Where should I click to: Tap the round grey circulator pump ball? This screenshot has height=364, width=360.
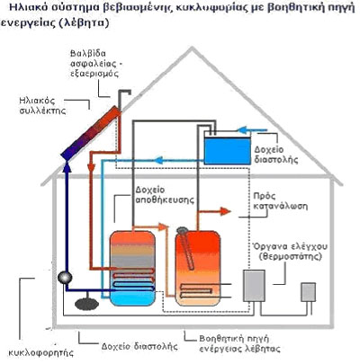pos(65,278)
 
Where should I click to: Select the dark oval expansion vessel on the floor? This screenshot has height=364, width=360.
pos(86,305)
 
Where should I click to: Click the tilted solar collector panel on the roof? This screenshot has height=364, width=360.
pos(91,133)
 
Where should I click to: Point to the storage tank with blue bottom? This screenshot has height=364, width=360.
pos(132,268)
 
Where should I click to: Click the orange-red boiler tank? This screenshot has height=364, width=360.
pos(198,268)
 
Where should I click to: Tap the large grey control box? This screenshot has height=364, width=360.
pos(254,286)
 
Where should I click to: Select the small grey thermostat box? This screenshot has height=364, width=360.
pos(308,292)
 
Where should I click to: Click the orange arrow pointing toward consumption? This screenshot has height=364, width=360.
pos(214,211)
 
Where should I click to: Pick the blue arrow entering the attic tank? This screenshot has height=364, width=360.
pos(252,130)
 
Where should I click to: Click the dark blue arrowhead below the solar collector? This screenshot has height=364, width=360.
pos(67,165)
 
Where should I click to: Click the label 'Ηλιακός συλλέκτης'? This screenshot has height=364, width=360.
pos(42,105)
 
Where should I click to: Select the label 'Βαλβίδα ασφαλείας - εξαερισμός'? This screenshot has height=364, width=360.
pos(96,63)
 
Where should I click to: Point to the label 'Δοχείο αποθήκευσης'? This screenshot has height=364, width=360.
pos(165,195)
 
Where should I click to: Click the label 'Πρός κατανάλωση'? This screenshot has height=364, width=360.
pos(281,201)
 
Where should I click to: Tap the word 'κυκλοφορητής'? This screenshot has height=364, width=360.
pos(40,352)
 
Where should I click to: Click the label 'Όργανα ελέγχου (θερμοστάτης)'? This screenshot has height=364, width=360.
pos(290,252)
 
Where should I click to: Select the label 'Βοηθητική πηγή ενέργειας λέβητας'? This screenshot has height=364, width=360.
pos(239,343)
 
